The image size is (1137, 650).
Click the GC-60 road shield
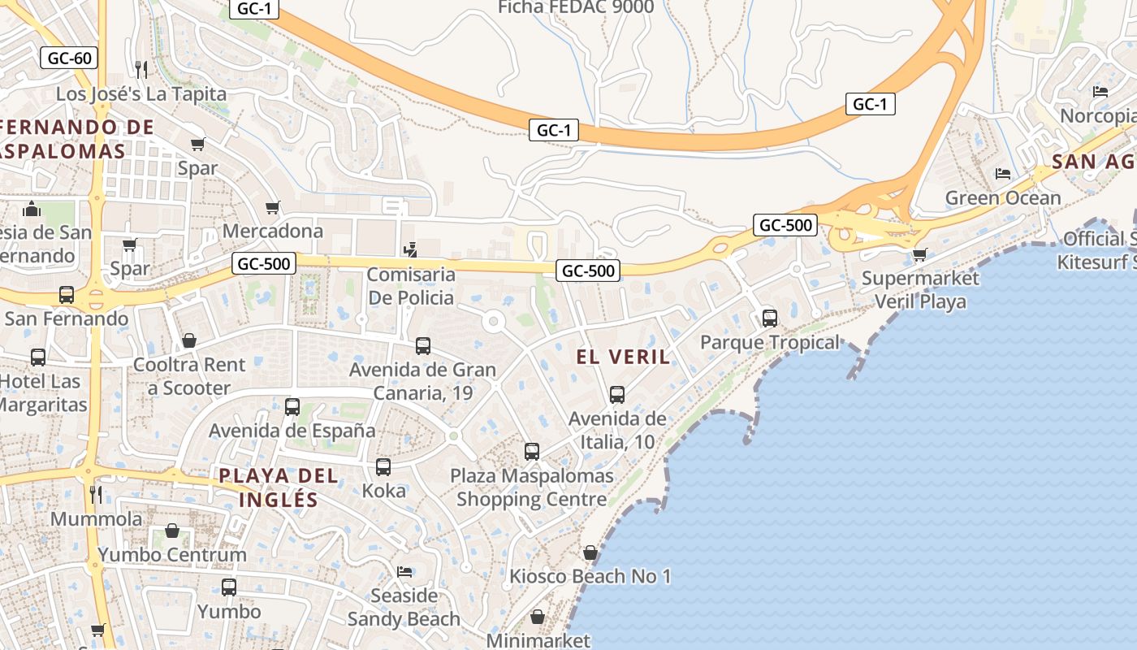[x=69, y=58]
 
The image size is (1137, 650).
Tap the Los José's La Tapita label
[x=141, y=93]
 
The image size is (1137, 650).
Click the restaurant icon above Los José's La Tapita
[x=141, y=69]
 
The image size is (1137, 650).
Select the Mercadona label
[x=273, y=231]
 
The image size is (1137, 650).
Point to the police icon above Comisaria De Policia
[x=412, y=249]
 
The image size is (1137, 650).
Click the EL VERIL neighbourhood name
[x=624, y=356]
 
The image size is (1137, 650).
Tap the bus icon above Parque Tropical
[x=770, y=318]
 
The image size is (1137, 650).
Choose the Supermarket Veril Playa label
[x=920, y=289]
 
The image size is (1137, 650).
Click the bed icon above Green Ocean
[x=1003, y=174]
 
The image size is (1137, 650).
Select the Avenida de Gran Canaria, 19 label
[x=422, y=381]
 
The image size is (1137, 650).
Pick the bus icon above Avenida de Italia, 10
[x=617, y=395]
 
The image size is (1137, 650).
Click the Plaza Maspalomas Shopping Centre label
[x=532, y=487]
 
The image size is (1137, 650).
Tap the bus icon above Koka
[x=383, y=467]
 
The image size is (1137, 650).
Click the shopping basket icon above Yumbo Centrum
[x=172, y=531]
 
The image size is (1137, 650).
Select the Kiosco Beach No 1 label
[x=590, y=577]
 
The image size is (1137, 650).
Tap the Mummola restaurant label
[x=96, y=518]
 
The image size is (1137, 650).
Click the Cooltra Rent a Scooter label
[x=189, y=376]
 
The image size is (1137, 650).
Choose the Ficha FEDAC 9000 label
[x=576, y=7]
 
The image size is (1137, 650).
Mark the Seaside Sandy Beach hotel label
[x=404, y=607]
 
